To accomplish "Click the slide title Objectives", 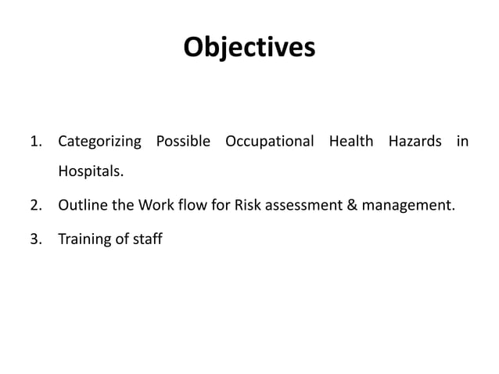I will [x=249, y=49].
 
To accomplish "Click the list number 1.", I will [x=34, y=142].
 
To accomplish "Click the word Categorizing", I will [x=100, y=142].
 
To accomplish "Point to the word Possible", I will [x=183, y=142].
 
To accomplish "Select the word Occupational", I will [x=270, y=142].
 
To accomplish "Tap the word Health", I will [x=351, y=142].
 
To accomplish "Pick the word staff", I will [x=147, y=239].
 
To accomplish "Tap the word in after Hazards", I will [x=462, y=142].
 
